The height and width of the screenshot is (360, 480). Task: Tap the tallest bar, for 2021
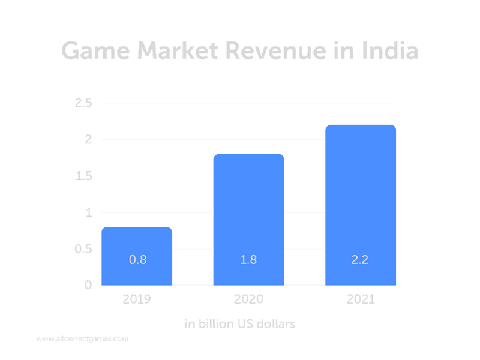360,204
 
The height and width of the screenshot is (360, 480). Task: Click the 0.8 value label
137,260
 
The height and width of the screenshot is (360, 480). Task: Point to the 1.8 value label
248,260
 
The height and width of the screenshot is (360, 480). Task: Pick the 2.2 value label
360,260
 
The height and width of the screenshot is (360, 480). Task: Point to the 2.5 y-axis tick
83,103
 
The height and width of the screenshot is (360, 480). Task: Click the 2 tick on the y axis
88,140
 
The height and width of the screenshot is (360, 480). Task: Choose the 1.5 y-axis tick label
83,176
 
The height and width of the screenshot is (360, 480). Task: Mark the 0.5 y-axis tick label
83,248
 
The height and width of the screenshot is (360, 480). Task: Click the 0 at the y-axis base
88,285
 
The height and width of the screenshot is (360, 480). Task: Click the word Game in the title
98,51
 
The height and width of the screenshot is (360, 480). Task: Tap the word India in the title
389,51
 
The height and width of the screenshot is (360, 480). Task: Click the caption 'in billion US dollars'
240,325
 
